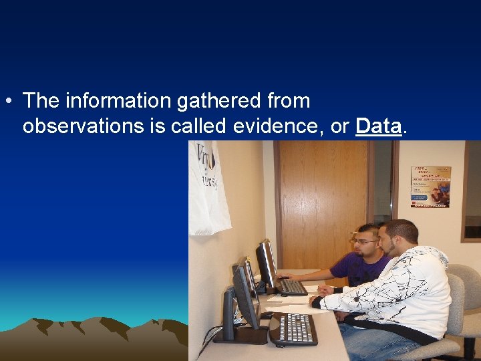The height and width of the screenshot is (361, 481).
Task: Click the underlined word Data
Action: (379, 126)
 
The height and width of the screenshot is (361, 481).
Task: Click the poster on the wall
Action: (430, 186)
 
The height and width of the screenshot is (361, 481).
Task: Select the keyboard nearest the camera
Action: (294, 329)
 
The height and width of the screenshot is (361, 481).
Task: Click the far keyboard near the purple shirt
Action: (293, 287)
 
